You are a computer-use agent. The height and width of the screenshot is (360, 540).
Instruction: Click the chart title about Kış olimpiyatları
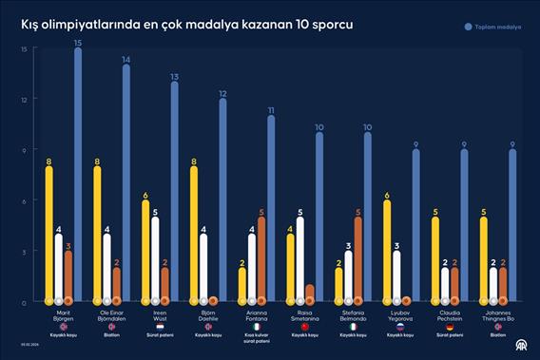pyautogui.click(x=187, y=24)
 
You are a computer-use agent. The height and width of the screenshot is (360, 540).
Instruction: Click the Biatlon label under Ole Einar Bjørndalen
pyautogui.click(x=112, y=334)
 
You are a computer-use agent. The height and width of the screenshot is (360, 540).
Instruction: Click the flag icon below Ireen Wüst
pyautogui.click(x=161, y=326)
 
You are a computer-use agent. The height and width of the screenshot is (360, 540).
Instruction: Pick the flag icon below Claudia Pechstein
pyautogui.click(x=451, y=326)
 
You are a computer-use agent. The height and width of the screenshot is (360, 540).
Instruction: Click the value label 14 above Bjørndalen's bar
pyautogui.click(x=125, y=59)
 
